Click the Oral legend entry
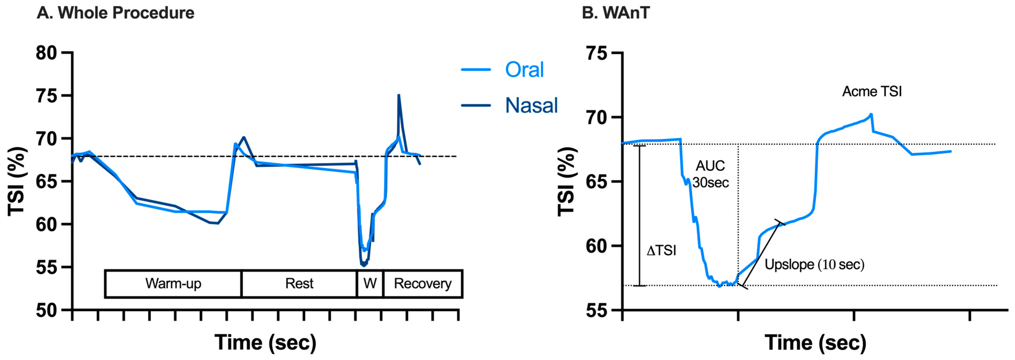pyautogui.click(x=524, y=70)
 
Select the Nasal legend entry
pyautogui.click(x=531, y=105)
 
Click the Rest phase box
pyautogui.click(x=299, y=284)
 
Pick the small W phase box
pyautogui.click(x=370, y=284)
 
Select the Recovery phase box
pyautogui.click(x=422, y=284)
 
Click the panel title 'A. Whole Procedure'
pyautogui.click(x=116, y=13)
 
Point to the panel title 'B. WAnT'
pyautogui.click(x=615, y=13)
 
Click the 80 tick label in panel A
pyautogui.click(x=46, y=53)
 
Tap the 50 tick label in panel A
pyautogui.click(x=46, y=311)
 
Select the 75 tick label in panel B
pyautogui.click(x=597, y=53)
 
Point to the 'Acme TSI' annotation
pyautogui.click(x=872, y=92)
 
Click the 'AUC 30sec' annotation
pyautogui.click(x=710, y=174)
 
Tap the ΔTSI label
pyautogui.click(x=661, y=250)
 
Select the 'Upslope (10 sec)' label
pyautogui.click(x=814, y=264)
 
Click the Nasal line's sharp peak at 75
pyautogui.click(x=399, y=95)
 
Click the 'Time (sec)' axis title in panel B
pyautogui.click(x=815, y=342)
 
